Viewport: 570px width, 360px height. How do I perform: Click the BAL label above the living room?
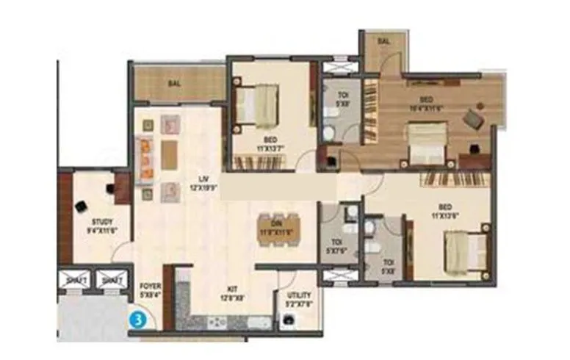coord(174,84)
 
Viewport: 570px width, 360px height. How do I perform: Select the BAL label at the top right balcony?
coord(383,43)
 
